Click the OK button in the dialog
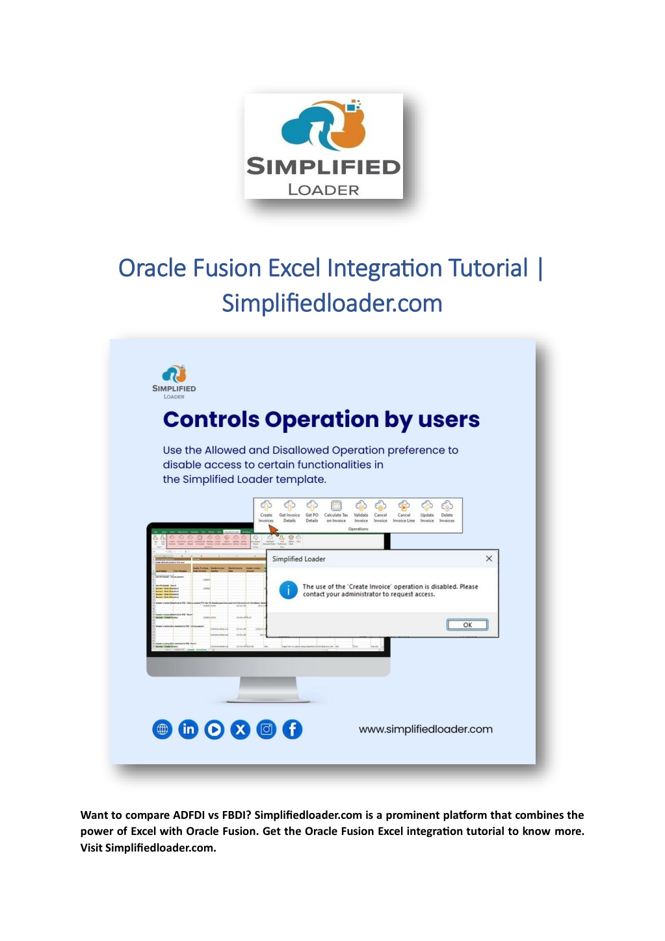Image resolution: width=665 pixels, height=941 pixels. (x=467, y=625)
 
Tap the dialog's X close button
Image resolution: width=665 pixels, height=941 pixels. (x=489, y=558)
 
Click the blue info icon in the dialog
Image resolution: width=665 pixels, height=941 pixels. (x=288, y=589)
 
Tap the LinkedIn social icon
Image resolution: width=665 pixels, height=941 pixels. (x=189, y=729)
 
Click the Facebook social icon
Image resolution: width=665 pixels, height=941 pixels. (x=293, y=729)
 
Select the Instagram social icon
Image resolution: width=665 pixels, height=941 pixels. (x=267, y=729)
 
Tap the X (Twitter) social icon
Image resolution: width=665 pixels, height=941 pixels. (x=241, y=729)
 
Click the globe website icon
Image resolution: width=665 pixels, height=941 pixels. (x=163, y=729)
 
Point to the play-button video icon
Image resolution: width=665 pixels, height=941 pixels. (x=215, y=729)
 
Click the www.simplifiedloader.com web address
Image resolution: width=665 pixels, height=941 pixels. (x=425, y=729)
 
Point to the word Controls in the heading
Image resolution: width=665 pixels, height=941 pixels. (x=211, y=419)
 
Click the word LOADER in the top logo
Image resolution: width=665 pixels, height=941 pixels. (x=323, y=190)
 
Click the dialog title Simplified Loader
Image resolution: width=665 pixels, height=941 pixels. (x=298, y=559)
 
